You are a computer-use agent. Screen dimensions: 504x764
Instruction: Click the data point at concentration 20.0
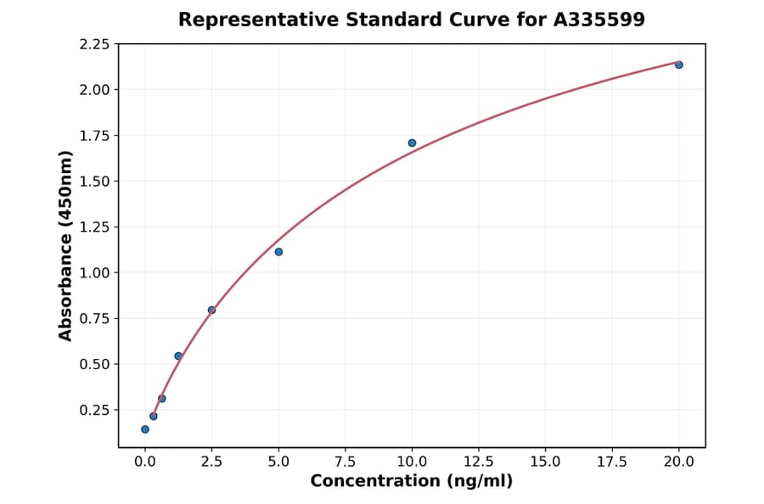[679, 64]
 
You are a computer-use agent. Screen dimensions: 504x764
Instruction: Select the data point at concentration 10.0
[412, 143]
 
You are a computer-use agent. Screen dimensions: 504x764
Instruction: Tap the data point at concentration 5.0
[278, 252]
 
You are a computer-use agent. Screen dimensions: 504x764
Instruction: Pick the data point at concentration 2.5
[211, 310]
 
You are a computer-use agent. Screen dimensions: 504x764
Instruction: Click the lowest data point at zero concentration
[145, 429]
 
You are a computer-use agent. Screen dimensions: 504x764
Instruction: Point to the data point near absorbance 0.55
[178, 356]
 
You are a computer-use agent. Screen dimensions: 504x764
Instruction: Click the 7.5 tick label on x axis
[345, 462]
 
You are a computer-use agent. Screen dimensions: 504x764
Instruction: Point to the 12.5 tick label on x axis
[478, 462]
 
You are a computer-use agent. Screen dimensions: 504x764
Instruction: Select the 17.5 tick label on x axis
[612, 462]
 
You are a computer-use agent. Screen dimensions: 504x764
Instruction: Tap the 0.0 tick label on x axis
[145, 462]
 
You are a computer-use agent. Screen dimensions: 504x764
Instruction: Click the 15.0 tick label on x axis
[545, 462]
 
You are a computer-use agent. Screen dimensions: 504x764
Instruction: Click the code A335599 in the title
[599, 20]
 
